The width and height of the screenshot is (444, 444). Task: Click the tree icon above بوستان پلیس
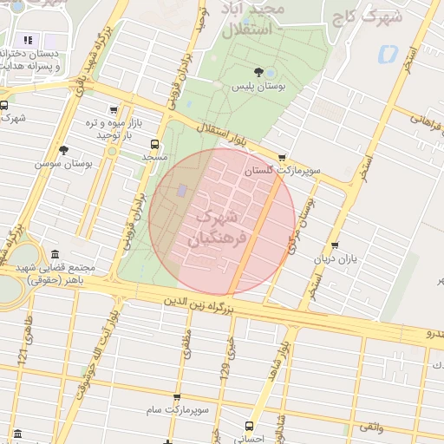point(258,72)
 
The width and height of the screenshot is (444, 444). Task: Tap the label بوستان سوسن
point(64,162)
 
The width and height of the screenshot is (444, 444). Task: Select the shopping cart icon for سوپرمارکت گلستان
point(282,158)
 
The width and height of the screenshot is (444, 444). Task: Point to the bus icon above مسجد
point(154,144)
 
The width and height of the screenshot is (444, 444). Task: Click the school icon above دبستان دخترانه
point(28,40)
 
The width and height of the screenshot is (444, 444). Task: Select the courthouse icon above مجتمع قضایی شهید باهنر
point(55,255)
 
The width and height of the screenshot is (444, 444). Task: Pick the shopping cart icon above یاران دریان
point(335,245)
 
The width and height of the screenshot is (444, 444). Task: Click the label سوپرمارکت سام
point(175,408)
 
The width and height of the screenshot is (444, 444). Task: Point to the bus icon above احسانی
point(250,426)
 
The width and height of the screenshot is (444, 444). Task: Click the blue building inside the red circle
point(181,190)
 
